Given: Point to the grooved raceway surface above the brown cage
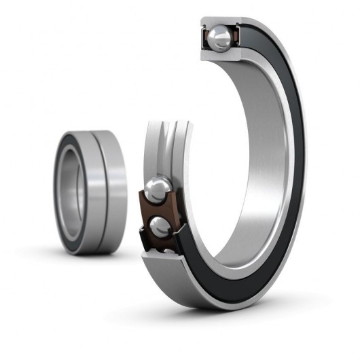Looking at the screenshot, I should pyautogui.click(x=163, y=146).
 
